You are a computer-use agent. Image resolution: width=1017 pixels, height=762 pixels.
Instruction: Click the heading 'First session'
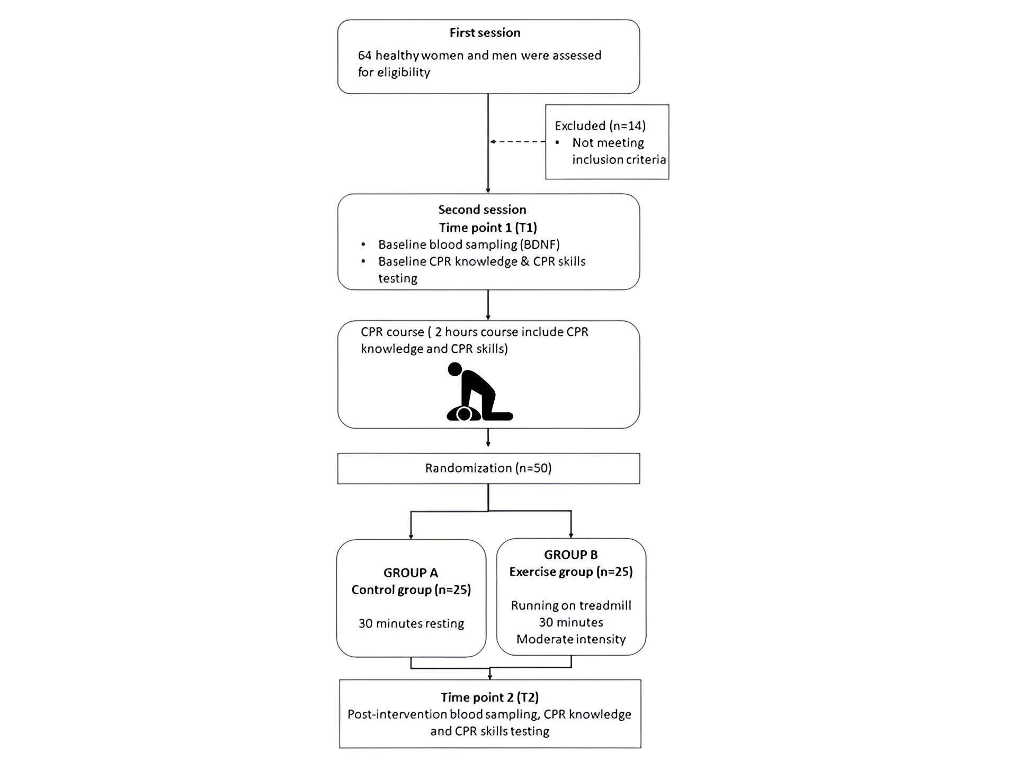point(485,33)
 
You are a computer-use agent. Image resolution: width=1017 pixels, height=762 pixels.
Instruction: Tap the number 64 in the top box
point(365,56)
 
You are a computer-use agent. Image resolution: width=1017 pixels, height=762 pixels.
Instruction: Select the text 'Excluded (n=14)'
point(600,126)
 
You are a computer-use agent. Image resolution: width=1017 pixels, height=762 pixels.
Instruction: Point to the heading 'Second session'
point(482,210)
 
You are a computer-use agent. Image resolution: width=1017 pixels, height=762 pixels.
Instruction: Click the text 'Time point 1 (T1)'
point(488,228)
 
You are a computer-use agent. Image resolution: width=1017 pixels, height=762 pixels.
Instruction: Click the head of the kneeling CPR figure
point(455,369)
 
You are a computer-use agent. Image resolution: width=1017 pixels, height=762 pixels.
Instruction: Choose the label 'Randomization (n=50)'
point(488,468)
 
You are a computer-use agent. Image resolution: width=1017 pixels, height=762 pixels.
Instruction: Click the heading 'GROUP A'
point(411,573)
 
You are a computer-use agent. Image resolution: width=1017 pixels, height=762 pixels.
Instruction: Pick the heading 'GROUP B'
point(570,555)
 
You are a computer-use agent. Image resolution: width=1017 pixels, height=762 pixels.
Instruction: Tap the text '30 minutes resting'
point(411,623)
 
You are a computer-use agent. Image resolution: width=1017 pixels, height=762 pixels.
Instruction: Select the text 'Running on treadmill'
point(571,605)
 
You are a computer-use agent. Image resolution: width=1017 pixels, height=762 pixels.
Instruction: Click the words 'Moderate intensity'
point(571,639)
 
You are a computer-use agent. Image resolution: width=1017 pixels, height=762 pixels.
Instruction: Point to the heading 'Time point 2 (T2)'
point(489,697)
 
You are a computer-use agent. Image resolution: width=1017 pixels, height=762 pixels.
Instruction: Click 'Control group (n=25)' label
point(411,590)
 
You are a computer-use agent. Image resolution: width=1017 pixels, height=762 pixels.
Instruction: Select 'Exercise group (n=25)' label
point(571,572)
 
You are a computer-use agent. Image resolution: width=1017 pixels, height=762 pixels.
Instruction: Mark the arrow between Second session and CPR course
point(488,305)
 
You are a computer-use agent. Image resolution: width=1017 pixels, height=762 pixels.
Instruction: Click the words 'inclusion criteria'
point(619,160)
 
